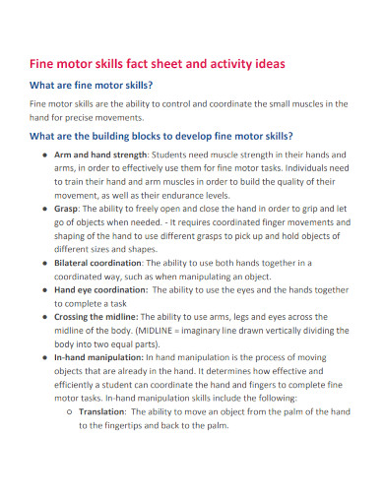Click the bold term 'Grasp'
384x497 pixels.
[66, 210]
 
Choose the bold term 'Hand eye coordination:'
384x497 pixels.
[101, 290]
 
